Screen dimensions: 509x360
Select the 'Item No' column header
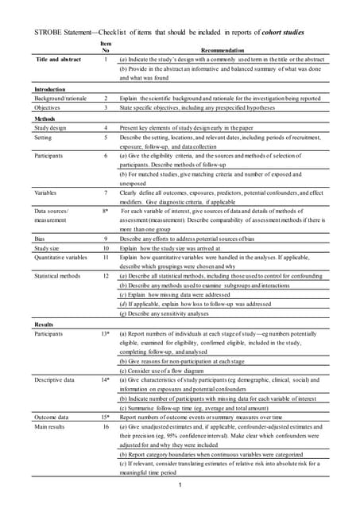point(106,46)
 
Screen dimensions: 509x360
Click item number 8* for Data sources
point(106,211)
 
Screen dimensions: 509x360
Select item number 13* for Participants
point(106,333)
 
